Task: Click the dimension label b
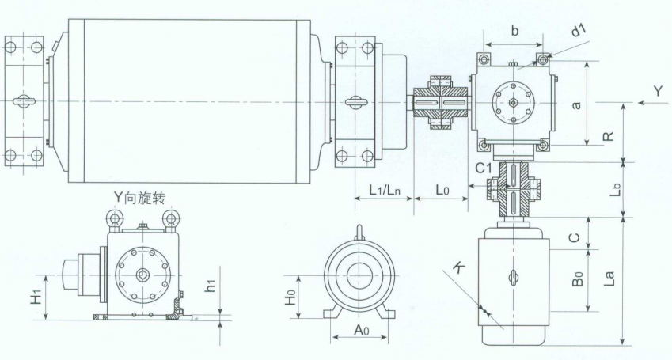(514, 31)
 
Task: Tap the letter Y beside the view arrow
(658, 91)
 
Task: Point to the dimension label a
(576, 104)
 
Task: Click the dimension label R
(608, 136)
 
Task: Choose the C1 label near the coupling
(484, 169)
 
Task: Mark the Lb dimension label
(615, 189)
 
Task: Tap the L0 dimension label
(442, 189)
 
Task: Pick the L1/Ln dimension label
(385, 189)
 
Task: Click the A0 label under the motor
(361, 330)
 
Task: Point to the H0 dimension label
(291, 297)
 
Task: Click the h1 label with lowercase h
(210, 286)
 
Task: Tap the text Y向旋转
(139, 197)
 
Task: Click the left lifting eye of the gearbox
(114, 219)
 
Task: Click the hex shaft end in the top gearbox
(513, 102)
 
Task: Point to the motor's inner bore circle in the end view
(359, 275)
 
